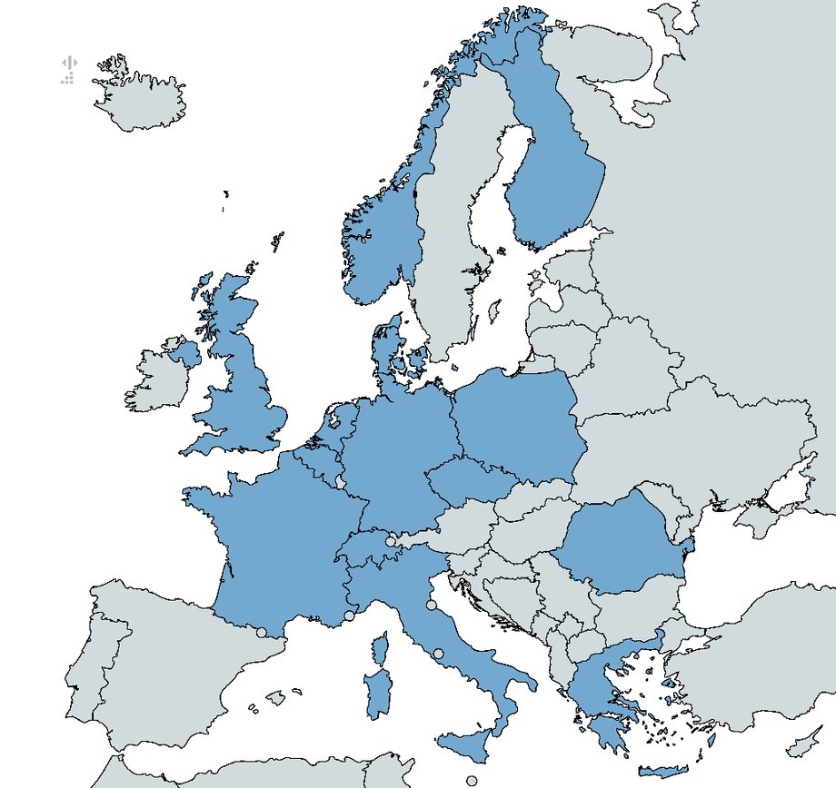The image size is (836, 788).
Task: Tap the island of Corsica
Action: [x=380, y=647]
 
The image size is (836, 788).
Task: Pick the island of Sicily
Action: [x=473, y=744]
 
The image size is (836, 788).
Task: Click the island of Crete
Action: [x=663, y=772]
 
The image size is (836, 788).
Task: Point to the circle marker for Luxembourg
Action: [x=341, y=481]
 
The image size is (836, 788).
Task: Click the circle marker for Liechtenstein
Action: [x=391, y=541]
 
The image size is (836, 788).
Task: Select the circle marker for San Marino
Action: [x=431, y=605]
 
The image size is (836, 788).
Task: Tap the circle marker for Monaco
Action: [x=349, y=616]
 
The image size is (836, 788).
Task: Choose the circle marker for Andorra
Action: [x=261, y=632]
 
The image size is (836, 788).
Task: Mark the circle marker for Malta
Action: [x=472, y=780]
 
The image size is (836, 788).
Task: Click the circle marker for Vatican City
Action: [x=438, y=653]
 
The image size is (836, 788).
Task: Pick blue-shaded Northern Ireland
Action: [x=184, y=352]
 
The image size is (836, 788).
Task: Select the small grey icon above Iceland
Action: [x=68, y=71]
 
